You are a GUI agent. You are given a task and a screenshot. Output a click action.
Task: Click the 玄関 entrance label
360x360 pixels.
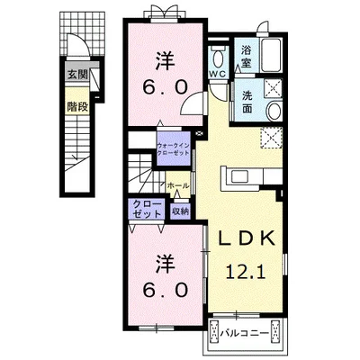tap(77, 75)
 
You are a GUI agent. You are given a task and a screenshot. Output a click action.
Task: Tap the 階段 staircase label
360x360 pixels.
tap(77, 107)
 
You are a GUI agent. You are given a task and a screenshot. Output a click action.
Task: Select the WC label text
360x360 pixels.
tap(219, 75)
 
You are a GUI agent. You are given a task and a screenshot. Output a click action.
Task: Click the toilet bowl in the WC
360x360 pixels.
tap(219, 58)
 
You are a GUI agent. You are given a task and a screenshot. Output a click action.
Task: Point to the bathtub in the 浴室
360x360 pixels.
tap(271, 55)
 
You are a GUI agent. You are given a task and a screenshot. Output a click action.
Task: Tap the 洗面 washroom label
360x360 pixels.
tap(247, 103)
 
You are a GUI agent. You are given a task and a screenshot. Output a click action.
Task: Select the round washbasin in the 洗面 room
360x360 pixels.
tap(274, 112)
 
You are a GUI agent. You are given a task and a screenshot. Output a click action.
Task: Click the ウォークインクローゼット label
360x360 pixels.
tap(174, 149)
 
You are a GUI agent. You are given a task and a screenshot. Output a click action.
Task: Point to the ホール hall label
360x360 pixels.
tap(178, 185)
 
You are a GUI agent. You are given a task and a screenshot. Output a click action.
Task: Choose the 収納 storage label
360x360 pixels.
tap(180, 211)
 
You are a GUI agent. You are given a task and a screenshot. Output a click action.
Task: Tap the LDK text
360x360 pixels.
tap(247, 238)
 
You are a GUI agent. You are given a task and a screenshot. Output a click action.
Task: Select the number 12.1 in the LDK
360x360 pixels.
tap(246, 272)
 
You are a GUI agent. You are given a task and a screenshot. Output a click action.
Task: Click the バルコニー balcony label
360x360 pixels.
tap(245, 333)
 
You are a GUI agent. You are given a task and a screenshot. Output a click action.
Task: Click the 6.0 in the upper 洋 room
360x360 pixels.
tap(166, 87)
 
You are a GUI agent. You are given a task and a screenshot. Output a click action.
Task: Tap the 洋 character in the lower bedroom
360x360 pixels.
tap(166, 265)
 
